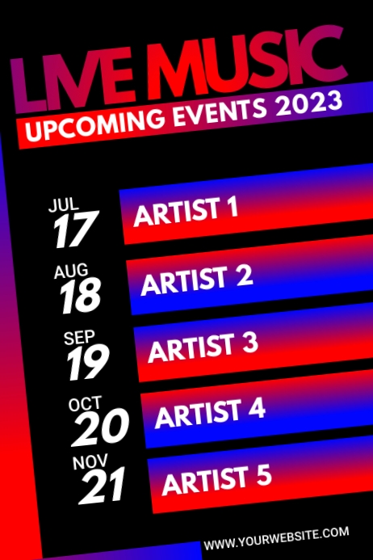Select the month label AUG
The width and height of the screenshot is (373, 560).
(x=71, y=271)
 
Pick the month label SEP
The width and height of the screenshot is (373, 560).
(x=79, y=337)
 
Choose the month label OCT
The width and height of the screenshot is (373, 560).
(x=85, y=403)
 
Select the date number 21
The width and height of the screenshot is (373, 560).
(x=103, y=486)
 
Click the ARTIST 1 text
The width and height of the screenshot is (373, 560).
(x=186, y=213)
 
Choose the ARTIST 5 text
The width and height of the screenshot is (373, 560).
(x=216, y=478)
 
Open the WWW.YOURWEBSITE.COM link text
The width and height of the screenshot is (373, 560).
(x=276, y=538)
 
